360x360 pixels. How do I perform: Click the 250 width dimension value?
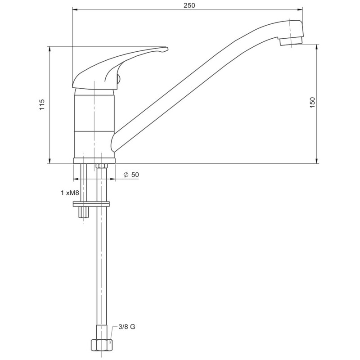pos(189,5)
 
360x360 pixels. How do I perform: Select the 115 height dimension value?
pos(42,104)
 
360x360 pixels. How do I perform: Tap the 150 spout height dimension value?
pos(312,103)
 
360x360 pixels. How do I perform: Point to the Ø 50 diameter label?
pos(131,175)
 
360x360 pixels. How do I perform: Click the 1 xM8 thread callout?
pos(70,193)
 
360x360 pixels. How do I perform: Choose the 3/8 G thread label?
pos(127,327)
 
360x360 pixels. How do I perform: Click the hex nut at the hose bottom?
pos(102,345)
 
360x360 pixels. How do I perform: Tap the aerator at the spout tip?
pos(291,41)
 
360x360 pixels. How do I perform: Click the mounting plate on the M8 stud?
pos(91,204)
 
